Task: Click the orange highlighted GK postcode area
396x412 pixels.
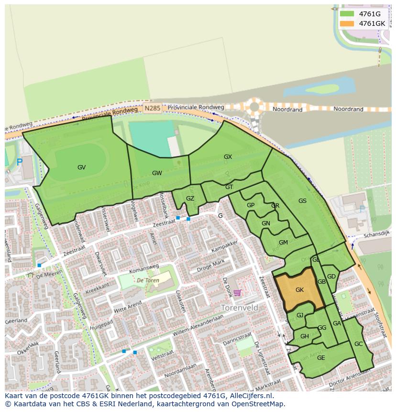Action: point(299,290)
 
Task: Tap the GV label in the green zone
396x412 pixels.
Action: point(81,167)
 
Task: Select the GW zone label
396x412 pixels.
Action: point(157,173)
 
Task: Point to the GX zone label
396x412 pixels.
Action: point(228,157)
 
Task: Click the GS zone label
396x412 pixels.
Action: point(302,201)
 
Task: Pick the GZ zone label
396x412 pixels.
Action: point(190,199)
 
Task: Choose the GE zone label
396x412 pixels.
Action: point(321,358)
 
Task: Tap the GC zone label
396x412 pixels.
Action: point(358,344)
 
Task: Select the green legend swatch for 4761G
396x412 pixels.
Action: point(347,14)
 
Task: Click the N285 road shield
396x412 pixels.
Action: point(152,109)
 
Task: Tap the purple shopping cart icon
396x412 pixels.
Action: point(237,293)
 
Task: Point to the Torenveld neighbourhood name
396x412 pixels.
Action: point(240,308)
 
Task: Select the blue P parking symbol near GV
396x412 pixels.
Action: point(20,163)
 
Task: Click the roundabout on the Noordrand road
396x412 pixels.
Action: point(254,107)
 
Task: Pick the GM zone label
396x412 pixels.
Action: point(283,243)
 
